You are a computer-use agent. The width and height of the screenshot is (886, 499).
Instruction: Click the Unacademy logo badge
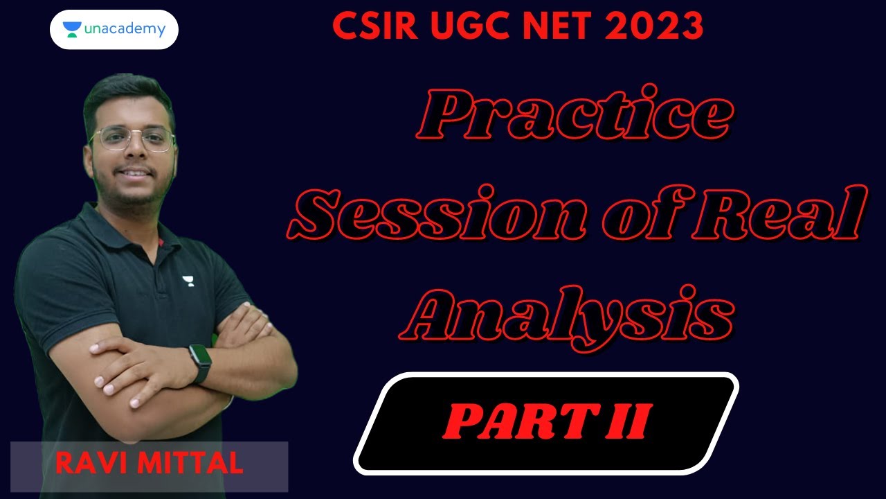114,30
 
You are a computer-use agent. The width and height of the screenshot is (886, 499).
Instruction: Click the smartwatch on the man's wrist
199,363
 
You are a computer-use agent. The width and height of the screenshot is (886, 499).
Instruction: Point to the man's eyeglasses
133,140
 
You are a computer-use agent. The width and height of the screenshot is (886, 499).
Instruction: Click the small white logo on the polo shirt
188,281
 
